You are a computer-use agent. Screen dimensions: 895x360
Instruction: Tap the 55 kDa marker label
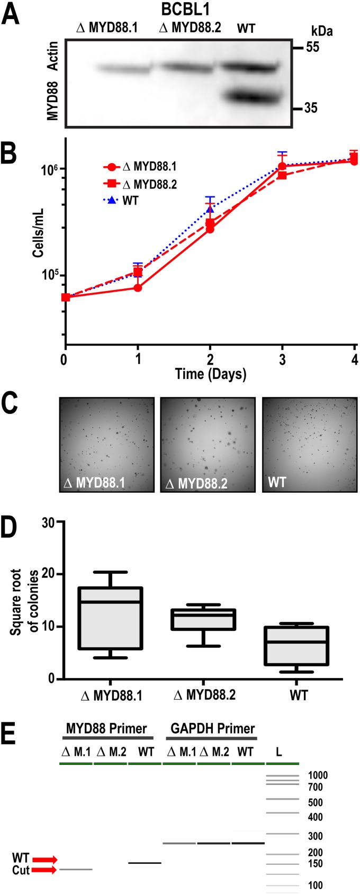pyautogui.click(x=312, y=48)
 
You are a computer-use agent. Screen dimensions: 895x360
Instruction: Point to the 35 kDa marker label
pyautogui.click(x=312, y=108)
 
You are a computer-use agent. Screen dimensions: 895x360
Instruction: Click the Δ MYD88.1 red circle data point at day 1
pyautogui.click(x=138, y=288)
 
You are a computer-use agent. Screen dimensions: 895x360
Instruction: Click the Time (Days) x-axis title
pyautogui.click(x=210, y=375)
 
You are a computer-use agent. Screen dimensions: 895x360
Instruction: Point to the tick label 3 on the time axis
pyautogui.click(x=282, y=360)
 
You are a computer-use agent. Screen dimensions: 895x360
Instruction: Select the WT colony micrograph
pyautogui.click(x=310, y=445)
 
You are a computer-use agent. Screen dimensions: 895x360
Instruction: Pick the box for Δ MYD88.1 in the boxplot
pyautogui.click(x=110, y=618)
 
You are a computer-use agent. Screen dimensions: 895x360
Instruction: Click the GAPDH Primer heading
pyautogui.click(x=212, y=728)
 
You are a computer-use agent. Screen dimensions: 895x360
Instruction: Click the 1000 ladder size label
pyautogui.click(x=318, y=775)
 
